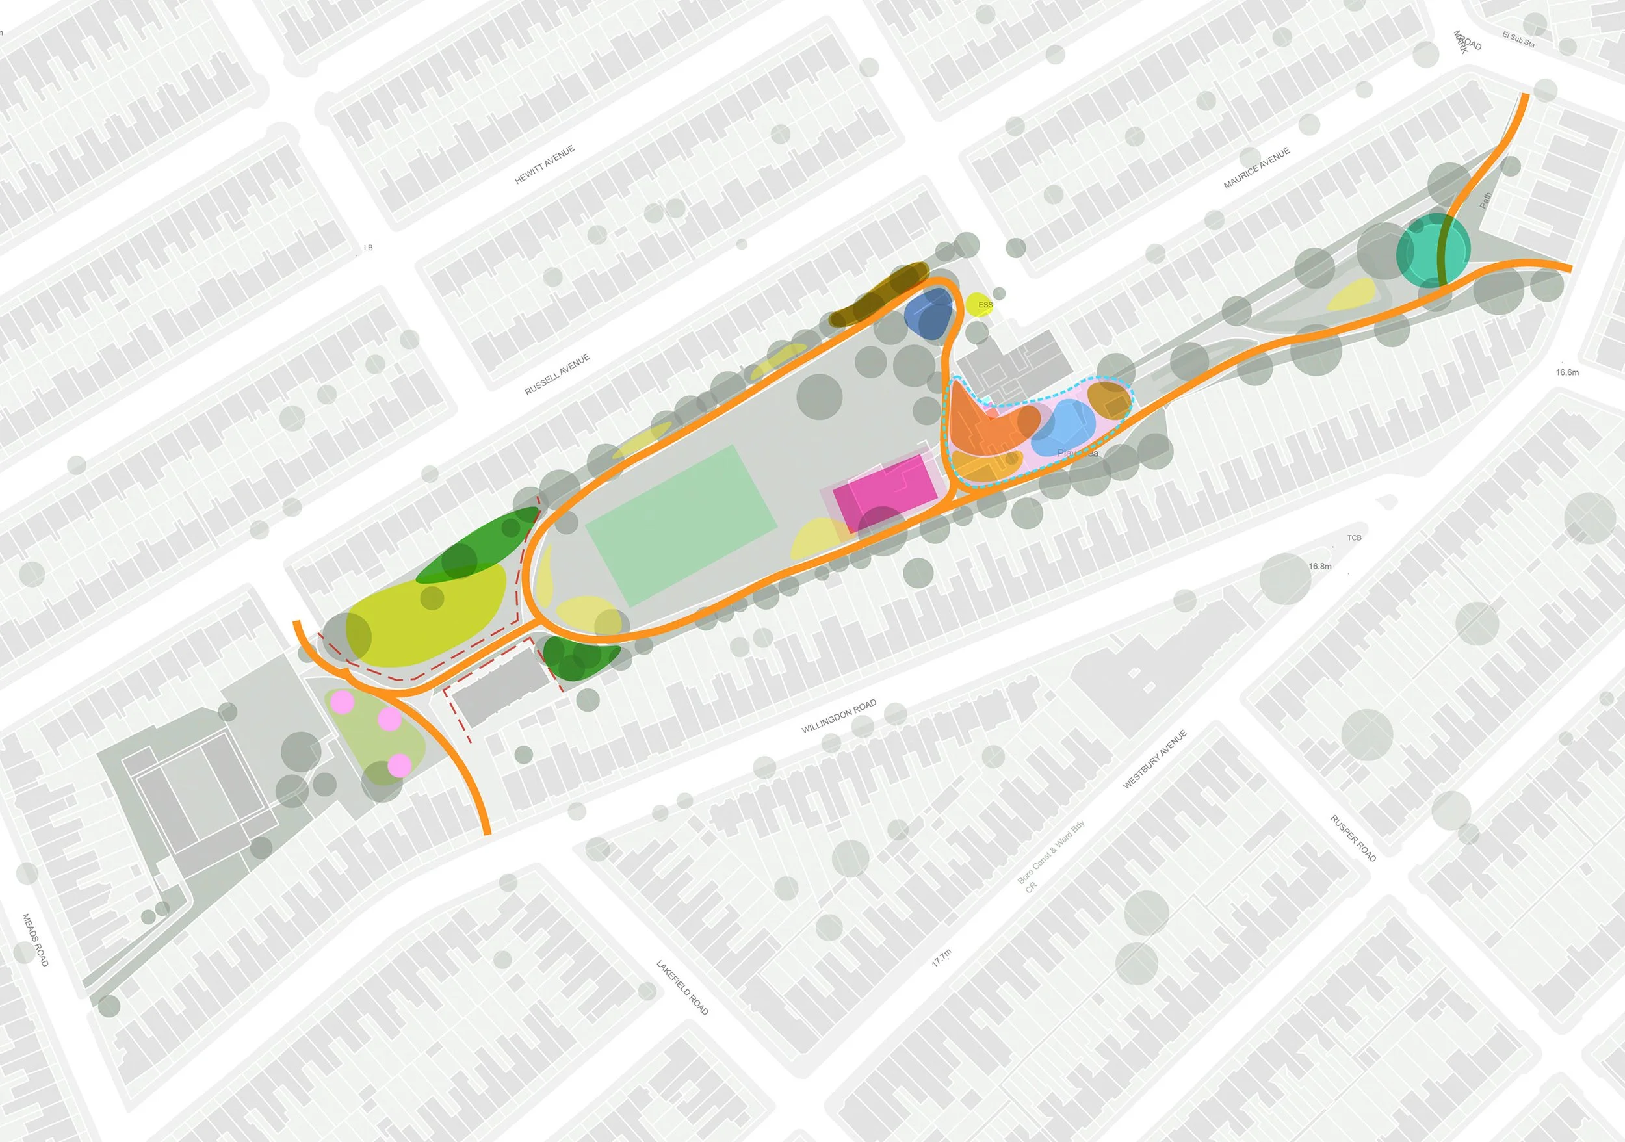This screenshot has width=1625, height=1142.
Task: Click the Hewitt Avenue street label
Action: [x=544, y=165]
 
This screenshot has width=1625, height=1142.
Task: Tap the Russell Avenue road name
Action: [x=557, y=375]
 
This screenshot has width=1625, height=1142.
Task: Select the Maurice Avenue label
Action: [x=1257, y=168]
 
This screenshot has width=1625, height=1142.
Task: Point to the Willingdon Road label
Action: [x=838, y=716]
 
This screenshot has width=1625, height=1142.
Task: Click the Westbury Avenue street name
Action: [x=1154, y=760]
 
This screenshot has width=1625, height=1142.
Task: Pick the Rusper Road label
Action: [x=1353, y=838]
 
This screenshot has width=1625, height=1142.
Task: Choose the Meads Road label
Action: [x=35, y=940]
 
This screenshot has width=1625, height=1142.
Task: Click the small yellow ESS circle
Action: [x=980, y=304]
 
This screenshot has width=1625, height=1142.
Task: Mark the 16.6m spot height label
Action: [x=1567, y=373]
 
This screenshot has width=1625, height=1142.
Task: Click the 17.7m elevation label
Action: [x=941, y=958]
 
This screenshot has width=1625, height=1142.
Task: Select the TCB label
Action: [x=1354, y=538]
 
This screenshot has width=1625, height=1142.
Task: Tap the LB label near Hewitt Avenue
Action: [x=368, y=248]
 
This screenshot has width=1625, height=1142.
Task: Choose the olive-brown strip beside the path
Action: [x=877, y=295]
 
